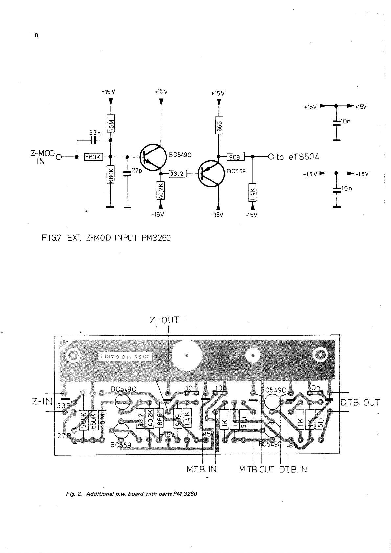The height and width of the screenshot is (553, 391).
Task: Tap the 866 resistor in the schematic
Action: pos(219,125)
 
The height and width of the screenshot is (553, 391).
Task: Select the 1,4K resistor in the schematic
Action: pos(252,193)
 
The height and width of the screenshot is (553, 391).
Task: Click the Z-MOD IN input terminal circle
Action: pos(59,157)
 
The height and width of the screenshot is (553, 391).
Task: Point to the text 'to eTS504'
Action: pos(298,157)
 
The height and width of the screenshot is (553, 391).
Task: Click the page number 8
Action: pos(36,35)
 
